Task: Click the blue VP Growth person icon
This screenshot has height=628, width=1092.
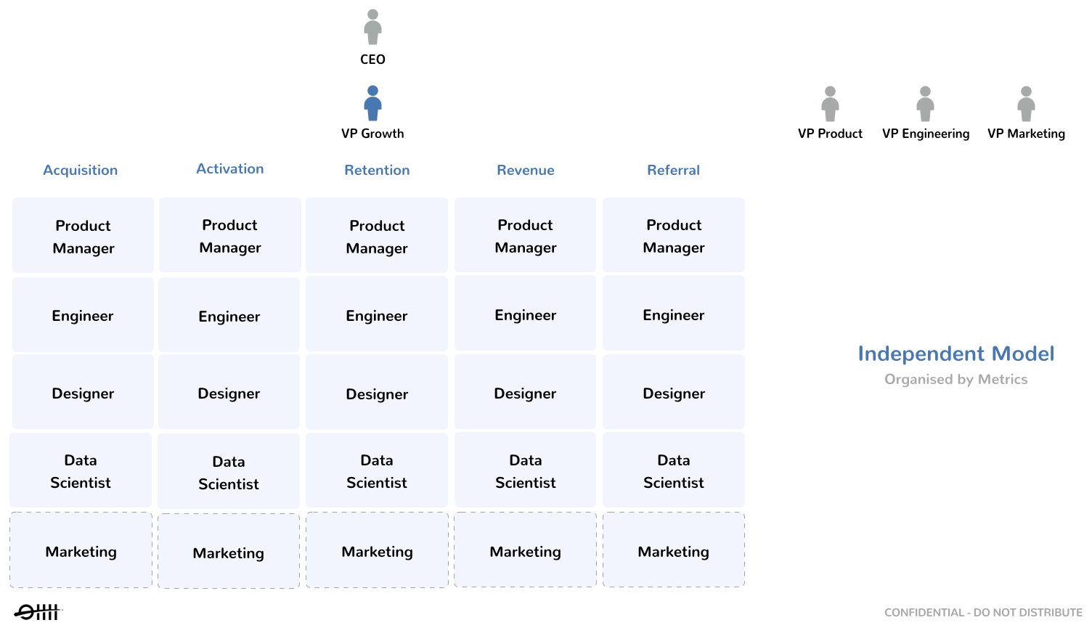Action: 372,103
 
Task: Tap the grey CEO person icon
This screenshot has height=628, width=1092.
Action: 372,28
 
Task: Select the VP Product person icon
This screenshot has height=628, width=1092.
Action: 830,104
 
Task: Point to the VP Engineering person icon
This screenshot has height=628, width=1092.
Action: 925,104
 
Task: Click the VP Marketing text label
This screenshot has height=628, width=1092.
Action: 1026,134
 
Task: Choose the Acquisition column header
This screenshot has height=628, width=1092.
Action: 81,170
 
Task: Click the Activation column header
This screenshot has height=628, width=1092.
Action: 230,168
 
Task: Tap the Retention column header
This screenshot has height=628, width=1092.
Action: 377,170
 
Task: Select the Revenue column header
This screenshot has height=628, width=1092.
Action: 526,170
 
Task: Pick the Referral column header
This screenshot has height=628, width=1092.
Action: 674,170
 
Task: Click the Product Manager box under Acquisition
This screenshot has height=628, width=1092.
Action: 83,236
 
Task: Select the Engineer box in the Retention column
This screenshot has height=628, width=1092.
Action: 377,315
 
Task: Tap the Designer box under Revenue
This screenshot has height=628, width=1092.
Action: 525,393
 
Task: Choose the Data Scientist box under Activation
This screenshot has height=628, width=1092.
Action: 229,472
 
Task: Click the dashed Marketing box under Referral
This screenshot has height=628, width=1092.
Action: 674,550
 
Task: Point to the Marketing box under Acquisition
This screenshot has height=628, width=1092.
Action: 81,550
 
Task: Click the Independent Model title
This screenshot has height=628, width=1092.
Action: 955,354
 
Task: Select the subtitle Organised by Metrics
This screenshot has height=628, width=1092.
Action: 955,379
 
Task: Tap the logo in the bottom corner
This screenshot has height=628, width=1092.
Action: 37,612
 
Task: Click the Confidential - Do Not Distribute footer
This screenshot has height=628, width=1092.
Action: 983,613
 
